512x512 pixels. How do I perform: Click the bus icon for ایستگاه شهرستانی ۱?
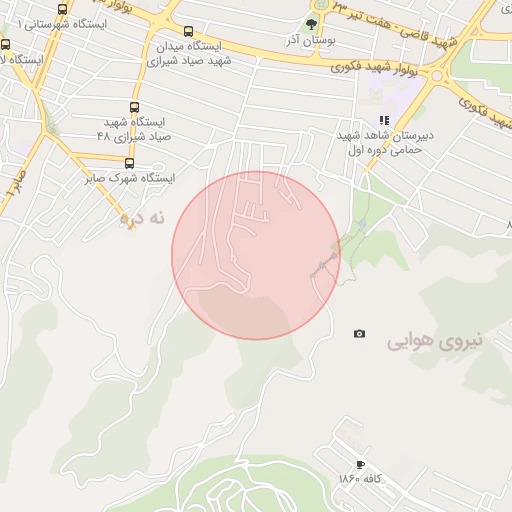click(x=63, y=9)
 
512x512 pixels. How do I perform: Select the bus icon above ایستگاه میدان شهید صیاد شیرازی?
click(x=189, y=33)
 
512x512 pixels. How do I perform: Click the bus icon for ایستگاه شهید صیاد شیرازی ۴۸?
click(x=135, y=108)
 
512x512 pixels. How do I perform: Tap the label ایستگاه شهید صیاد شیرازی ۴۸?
click(x=135, y=127)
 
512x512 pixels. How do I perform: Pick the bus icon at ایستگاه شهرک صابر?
click(x=128, y=162)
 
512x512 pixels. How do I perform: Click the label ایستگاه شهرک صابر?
click(x=128, y=178)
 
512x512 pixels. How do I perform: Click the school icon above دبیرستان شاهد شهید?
click(x=384, y=120)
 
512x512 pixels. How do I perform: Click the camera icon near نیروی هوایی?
click(x=359, y=334)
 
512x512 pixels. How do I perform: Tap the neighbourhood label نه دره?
click(x=141, y=216)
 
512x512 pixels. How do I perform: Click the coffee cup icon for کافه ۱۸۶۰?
click(x=361, y=464)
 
